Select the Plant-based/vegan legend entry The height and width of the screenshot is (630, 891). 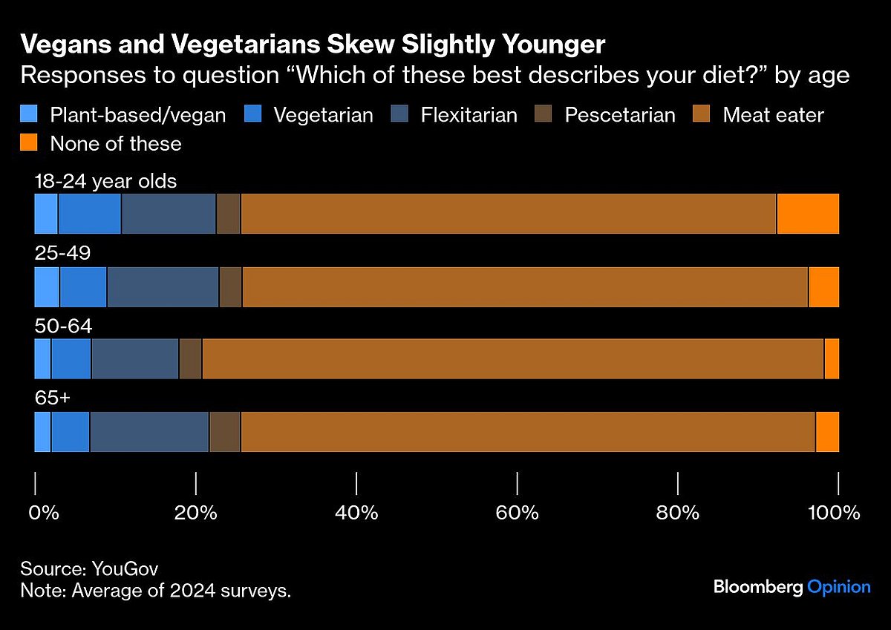pyautogui.click(x=123, y=115)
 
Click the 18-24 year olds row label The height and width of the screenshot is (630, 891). pyautogui.click(x=105, y=181)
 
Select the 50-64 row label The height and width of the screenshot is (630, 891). pyautogui.click(x=63, y=326)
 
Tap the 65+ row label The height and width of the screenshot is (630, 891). pyautogui.click(x=53, y=398)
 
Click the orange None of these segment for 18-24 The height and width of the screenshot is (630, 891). pyautogui.click(x=808, y=214)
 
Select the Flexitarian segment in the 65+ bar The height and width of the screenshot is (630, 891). pyautogui.click(x=149, y=431)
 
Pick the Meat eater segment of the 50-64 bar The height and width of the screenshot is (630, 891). pyautogui.click(x=512, y=359)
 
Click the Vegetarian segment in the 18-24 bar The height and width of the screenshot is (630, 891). pyautogui.click(x=90, y=214)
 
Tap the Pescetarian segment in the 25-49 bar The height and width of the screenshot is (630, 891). pyautogui.click(x=230, y=286)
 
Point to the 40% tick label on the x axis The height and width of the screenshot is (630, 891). pyautogui.click(x=357, y=513)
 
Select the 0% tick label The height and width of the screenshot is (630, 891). pyautogui.click(x=44, y=513)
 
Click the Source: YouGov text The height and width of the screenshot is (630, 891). pyautogui.click(x=89, y=569)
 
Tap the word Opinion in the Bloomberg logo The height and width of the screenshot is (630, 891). pyautogui.click(x=838, y=587)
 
